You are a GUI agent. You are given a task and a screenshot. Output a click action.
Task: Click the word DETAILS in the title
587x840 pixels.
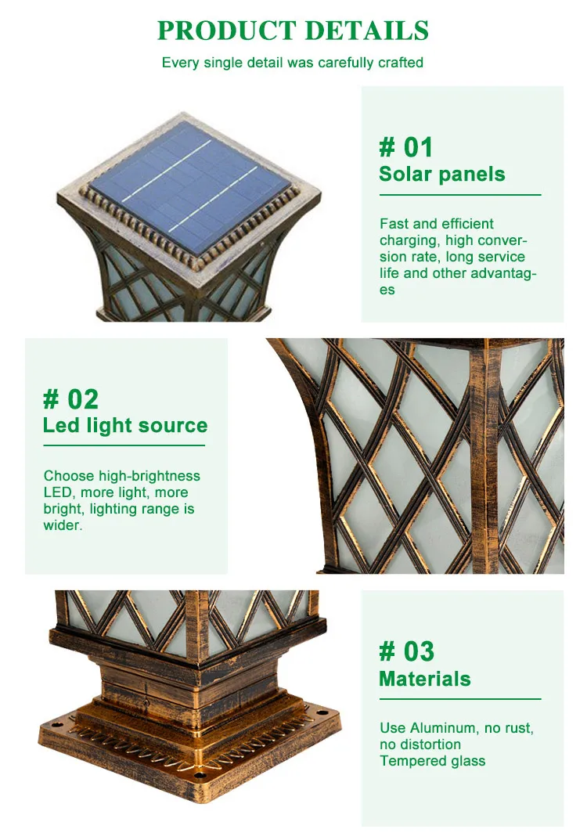click(x=366, y=31)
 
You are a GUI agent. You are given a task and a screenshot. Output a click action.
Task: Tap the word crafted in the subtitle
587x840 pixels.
click(x=400, y=63)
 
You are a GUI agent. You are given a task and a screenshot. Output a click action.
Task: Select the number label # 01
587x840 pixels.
click(x=405, y=147)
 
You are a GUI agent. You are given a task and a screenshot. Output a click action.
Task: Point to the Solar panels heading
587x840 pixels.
click(x=441, y=174)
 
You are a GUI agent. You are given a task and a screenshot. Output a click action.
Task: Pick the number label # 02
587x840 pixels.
click(x=70, y=399)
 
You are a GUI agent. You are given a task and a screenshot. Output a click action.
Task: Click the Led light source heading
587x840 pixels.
click(x=125, y=426)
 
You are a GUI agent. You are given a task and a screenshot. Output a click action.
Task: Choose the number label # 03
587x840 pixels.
click(x=406, y=651)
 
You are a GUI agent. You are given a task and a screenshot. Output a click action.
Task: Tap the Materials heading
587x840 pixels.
click(x=424, y=679)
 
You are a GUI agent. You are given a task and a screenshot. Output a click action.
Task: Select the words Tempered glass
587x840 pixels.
click(x=432, y=761)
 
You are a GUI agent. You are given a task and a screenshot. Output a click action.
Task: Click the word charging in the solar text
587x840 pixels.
click(x=409, y=240)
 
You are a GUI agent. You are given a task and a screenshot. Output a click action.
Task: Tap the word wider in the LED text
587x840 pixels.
click(x=61, y=525)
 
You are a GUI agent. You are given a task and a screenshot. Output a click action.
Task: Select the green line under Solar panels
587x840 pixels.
click(x=460, y=194)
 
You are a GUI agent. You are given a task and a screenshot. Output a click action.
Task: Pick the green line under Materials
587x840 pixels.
click(x=460, y=698)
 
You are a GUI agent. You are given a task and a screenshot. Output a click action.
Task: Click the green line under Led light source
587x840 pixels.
click(x=124, y=445)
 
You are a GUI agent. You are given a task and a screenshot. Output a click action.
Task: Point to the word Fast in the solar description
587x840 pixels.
click(x=394, y=224)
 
